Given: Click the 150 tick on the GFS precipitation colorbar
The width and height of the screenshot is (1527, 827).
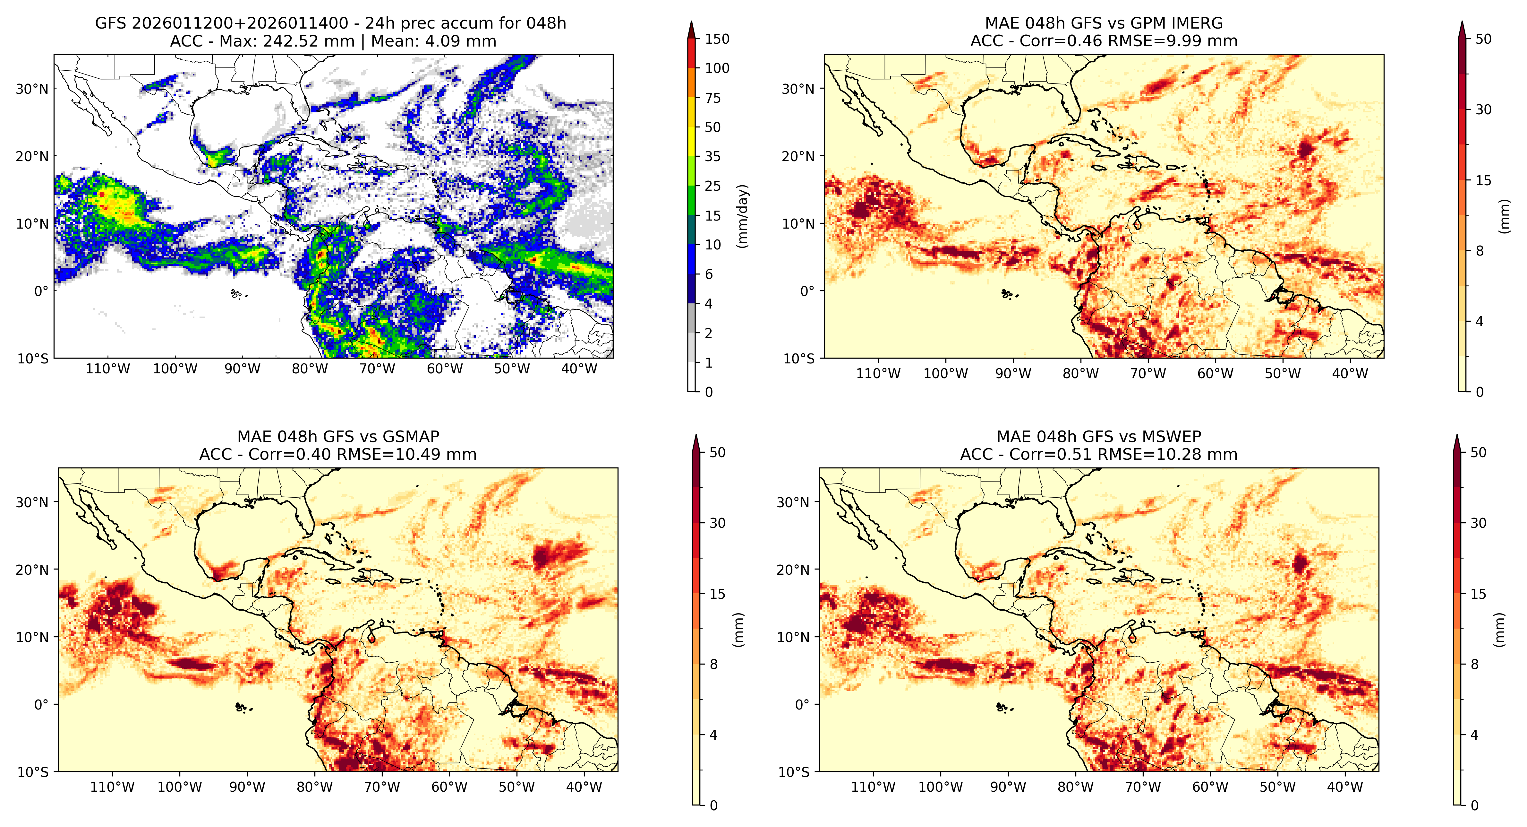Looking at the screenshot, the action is (717, 39).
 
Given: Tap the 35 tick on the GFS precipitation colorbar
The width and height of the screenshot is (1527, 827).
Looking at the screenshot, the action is (712, 157).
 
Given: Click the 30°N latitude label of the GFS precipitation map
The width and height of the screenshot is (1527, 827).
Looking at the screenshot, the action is (32, 89).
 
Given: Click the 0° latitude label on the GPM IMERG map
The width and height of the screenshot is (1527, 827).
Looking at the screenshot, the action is (807, 291).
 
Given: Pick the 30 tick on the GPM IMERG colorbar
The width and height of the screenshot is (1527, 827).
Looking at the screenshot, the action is (1483, 110).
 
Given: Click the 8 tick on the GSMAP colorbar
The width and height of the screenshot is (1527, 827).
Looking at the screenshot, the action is (714, 665).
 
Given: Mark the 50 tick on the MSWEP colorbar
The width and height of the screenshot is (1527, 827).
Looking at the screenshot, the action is (1478, 453).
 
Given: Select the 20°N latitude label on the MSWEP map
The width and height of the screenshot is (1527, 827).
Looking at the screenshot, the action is (793, 570).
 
